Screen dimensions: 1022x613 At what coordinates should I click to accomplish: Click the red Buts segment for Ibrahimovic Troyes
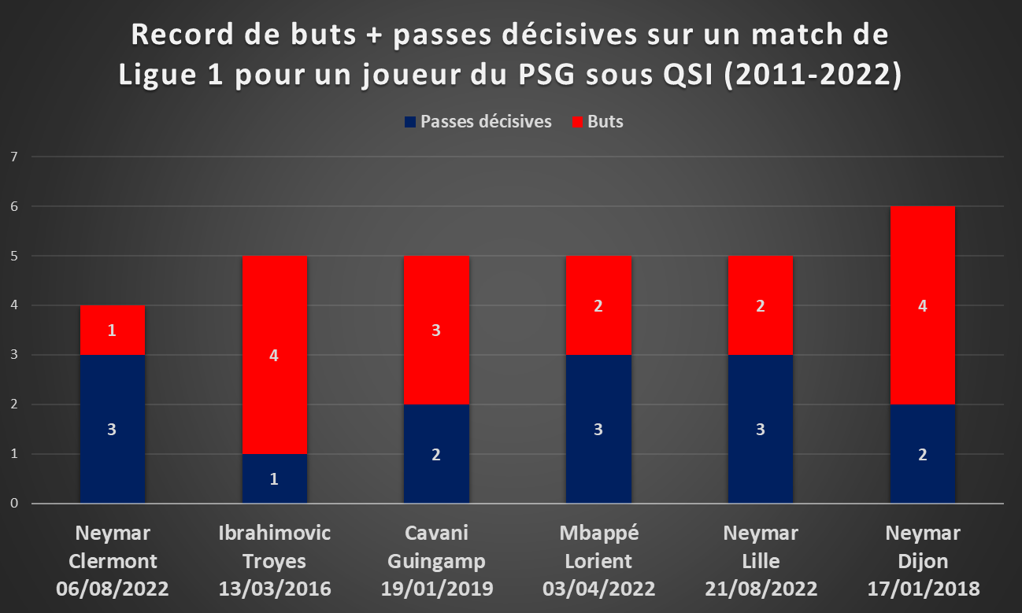click(x=274, y=355)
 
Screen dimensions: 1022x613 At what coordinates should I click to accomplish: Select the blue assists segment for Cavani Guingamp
click(x=436, y=454)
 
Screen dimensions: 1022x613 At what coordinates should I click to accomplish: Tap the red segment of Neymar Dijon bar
click(x=923, y=305)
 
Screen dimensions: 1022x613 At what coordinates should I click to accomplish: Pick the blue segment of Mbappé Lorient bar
click(x=598, y=429)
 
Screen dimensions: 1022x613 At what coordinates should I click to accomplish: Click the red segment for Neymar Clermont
click(x=113, y=330)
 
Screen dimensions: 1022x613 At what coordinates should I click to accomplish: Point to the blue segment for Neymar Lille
click(x=760, y=429)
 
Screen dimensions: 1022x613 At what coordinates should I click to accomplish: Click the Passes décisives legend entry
click(x=478, y=122)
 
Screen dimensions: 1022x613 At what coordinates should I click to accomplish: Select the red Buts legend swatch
click(x=578, y=122)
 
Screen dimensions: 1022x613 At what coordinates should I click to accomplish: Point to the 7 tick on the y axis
click(x=14, y=157)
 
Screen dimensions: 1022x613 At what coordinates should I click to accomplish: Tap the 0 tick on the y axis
click(x=14, y=503)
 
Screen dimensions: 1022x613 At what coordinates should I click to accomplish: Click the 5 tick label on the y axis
click(x=14, y=256)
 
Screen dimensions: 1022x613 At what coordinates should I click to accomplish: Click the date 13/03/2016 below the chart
click(x=275, y=589)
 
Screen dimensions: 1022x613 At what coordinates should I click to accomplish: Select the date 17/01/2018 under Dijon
click(x=924, y=589)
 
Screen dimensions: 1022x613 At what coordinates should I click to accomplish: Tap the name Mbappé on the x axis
click(x=599, y=534)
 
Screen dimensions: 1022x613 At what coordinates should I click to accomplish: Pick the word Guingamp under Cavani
click(x=437, y=562)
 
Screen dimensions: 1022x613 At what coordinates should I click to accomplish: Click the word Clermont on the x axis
click(x=113, y=561)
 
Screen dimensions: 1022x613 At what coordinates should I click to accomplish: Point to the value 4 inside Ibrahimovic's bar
click(x=274, y=356)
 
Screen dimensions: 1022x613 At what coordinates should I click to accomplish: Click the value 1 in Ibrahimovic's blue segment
click(x=274, y=479)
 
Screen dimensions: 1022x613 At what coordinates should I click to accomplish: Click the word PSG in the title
click(x=546, y=74)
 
